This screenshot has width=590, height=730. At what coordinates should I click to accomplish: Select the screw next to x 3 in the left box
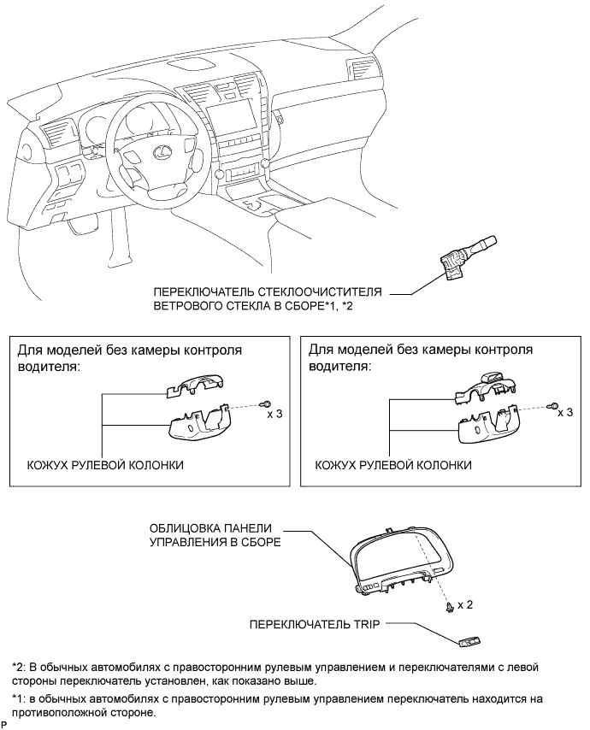pyautogui.click(x=267, y=404)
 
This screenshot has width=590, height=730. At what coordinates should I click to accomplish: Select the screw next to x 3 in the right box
pyautogui.click(x=552, y=405)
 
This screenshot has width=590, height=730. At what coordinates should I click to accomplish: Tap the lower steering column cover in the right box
pyautogui.click(x=488, y=425)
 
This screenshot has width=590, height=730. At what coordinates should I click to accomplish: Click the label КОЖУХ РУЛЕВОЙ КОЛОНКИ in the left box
pyautogui.click(x=105, y=465)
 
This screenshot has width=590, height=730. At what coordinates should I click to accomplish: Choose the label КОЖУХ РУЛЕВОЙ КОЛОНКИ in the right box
pyautogui.click(x=393, y=465)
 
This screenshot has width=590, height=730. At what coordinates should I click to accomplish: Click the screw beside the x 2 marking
pyautogui.click(x=450, y=606)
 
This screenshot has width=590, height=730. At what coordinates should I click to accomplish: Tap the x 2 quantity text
pyautogui.click(x=465, y=604)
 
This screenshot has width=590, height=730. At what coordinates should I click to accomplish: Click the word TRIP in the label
pyautogui.click(x=368, y=624)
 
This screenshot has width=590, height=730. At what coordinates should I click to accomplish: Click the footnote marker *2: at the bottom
pyautogui.click(x=20, y=667)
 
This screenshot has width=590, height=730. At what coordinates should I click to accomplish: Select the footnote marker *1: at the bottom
pyautogui.click(x=20, y=699)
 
